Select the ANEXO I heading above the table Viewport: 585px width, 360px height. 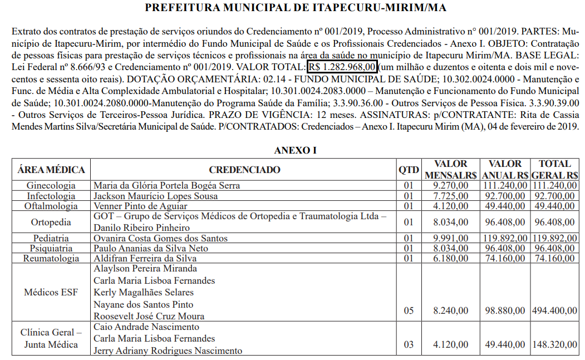click(296, 150)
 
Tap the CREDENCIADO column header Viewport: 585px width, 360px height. click(245, 170)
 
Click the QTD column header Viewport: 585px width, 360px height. click(409, 170)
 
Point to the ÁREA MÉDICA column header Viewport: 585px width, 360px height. click(51, 170)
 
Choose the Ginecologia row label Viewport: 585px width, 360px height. click(51, 186)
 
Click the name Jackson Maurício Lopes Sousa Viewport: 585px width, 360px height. click(155, 196)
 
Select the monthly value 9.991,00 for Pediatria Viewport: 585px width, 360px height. click(450, 238)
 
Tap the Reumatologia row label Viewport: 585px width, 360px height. click(51, 259)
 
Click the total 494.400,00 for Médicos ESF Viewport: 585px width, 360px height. click(554, 310)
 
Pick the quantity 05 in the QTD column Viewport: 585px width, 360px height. click(409, 310)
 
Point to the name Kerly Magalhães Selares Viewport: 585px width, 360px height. click(144, 293)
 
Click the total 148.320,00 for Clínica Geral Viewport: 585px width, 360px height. click(554, 345)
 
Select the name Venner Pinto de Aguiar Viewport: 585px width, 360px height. click(140, 206)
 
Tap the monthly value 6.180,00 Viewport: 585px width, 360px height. click(450, 259)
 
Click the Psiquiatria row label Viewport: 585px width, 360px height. click(51, 248)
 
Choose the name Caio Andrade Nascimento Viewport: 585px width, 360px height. click(146, 327)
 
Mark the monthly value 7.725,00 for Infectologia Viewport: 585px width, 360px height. click(450, 196)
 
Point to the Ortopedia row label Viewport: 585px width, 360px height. click(51, 222)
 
